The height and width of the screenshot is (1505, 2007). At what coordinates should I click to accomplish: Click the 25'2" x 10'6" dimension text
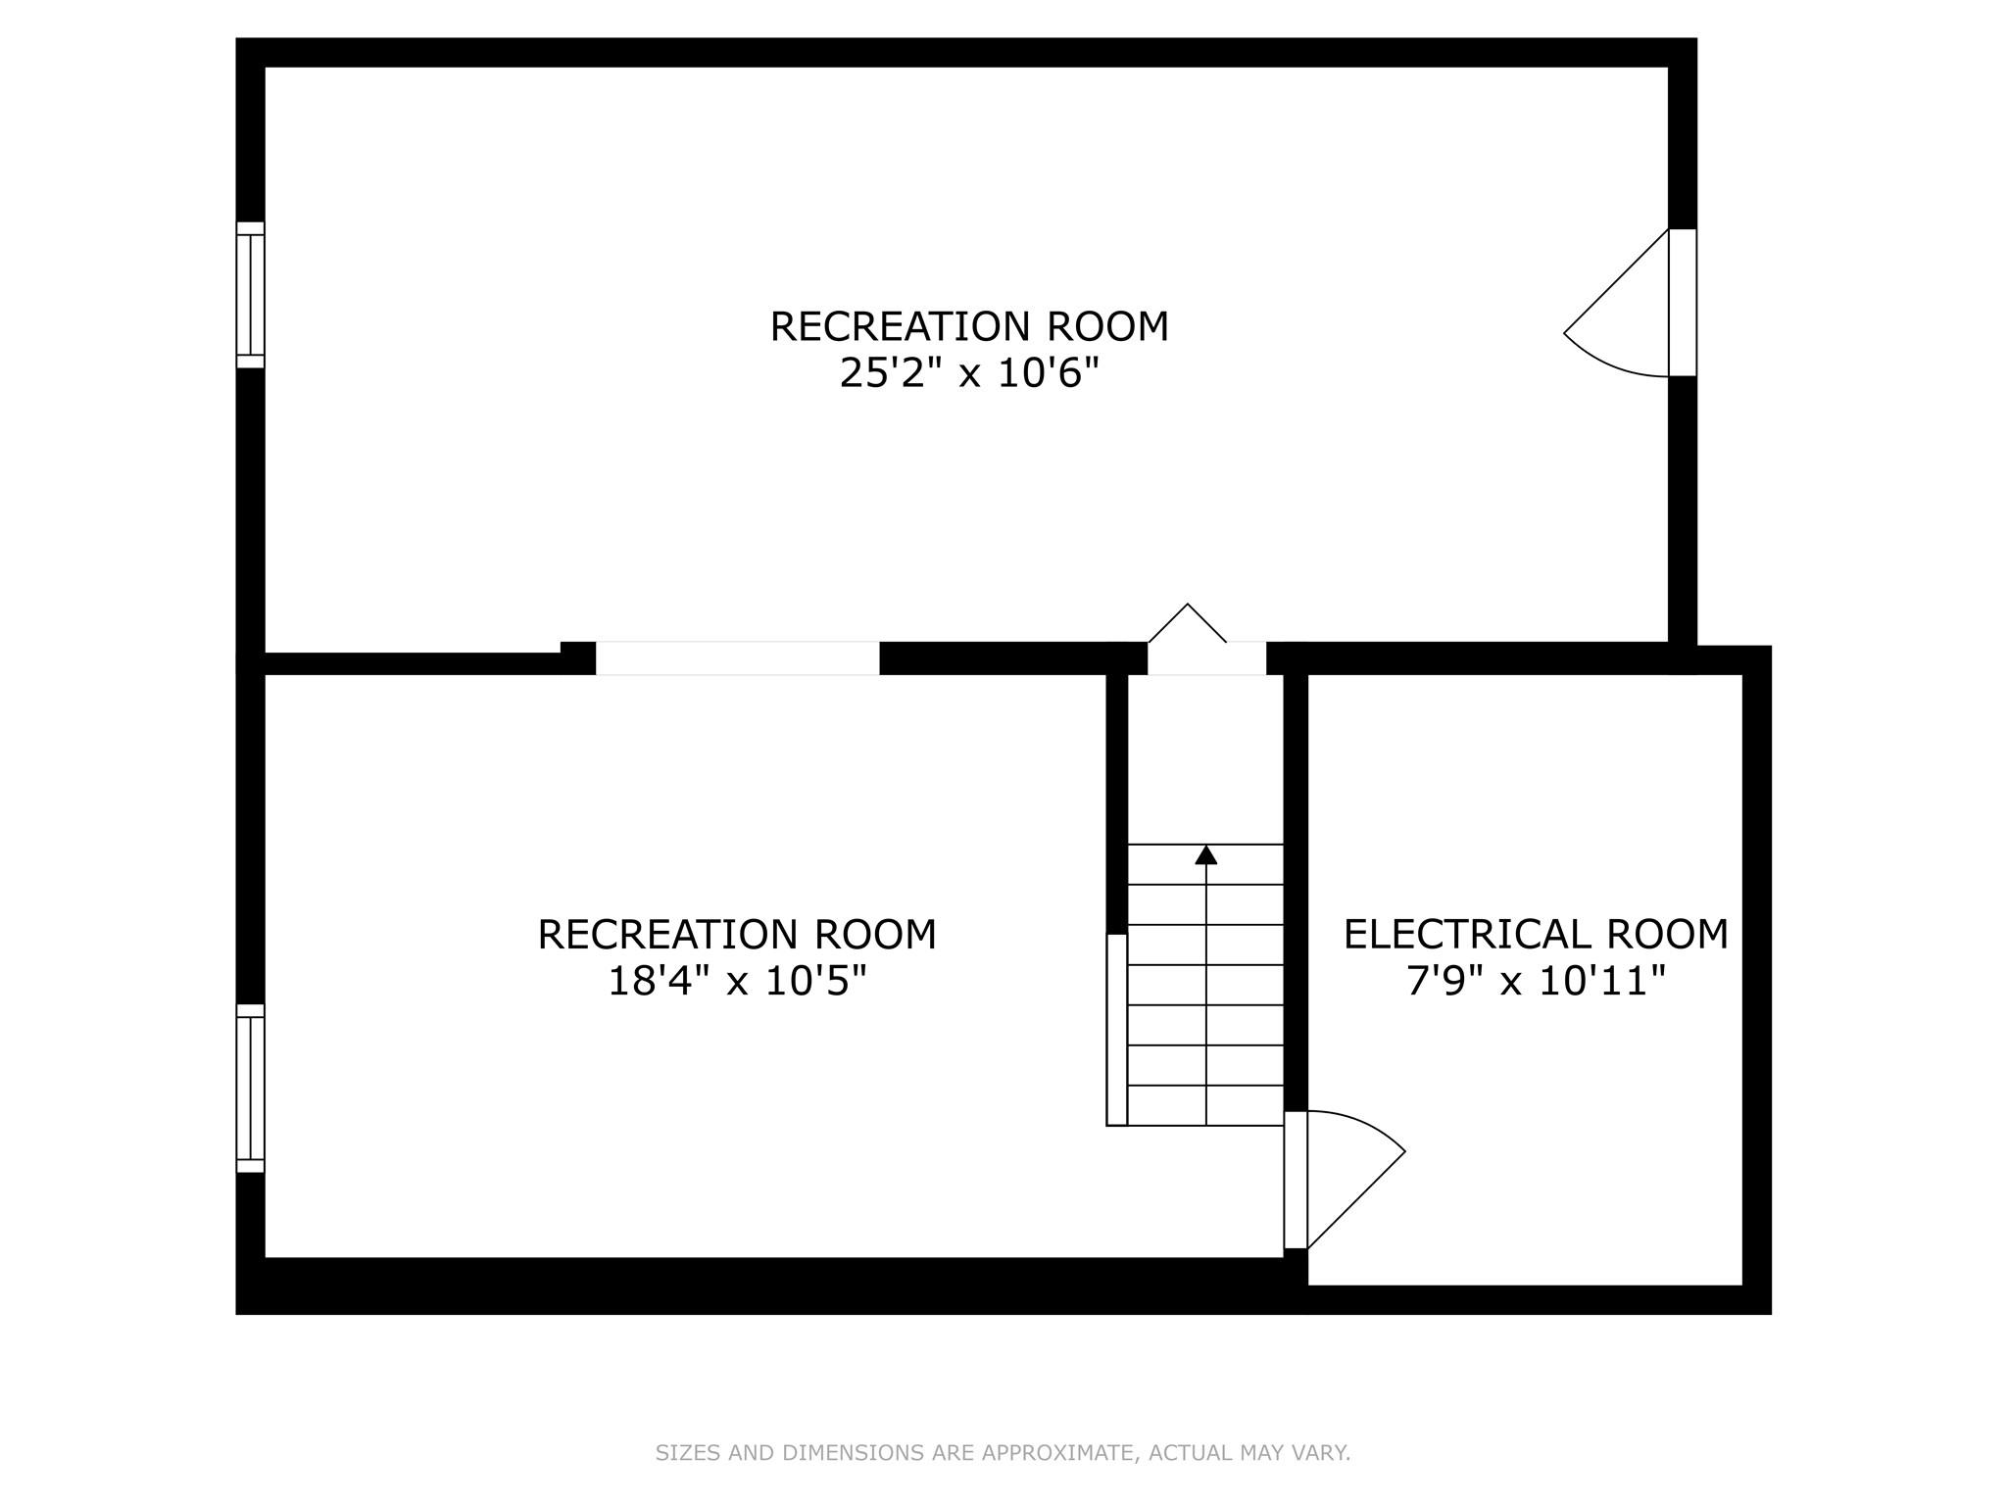[969, 373]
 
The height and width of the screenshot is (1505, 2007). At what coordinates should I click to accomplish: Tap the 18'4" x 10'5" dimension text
[737, 981]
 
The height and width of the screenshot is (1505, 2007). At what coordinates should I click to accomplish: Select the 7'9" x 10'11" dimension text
[1536, 981]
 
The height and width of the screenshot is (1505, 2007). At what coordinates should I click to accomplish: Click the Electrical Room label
[1536, 934]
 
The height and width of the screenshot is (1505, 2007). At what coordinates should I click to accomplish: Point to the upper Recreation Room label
[969, 326]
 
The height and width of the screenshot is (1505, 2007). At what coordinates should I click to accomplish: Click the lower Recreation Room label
[737, 934]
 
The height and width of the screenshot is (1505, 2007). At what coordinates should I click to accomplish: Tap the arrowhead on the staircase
[1206, 854]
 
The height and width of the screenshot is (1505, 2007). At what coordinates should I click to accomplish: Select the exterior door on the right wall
[1683, 303]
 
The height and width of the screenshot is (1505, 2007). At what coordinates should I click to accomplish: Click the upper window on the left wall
[251, 295]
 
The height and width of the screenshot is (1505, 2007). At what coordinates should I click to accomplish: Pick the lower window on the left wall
[251, 1088]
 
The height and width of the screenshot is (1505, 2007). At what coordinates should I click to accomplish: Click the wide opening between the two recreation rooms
[738, 658]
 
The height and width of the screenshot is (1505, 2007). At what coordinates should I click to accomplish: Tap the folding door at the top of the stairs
[1188, 622]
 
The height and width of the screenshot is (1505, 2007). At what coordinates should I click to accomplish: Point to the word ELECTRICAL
[1450, 934]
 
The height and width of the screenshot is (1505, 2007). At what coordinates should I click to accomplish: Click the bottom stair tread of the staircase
[1205, 1105]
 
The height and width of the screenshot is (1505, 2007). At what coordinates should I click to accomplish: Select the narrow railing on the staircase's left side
[1117, 1030]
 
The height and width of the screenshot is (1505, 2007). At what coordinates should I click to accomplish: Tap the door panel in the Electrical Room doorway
[1296, 1180]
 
